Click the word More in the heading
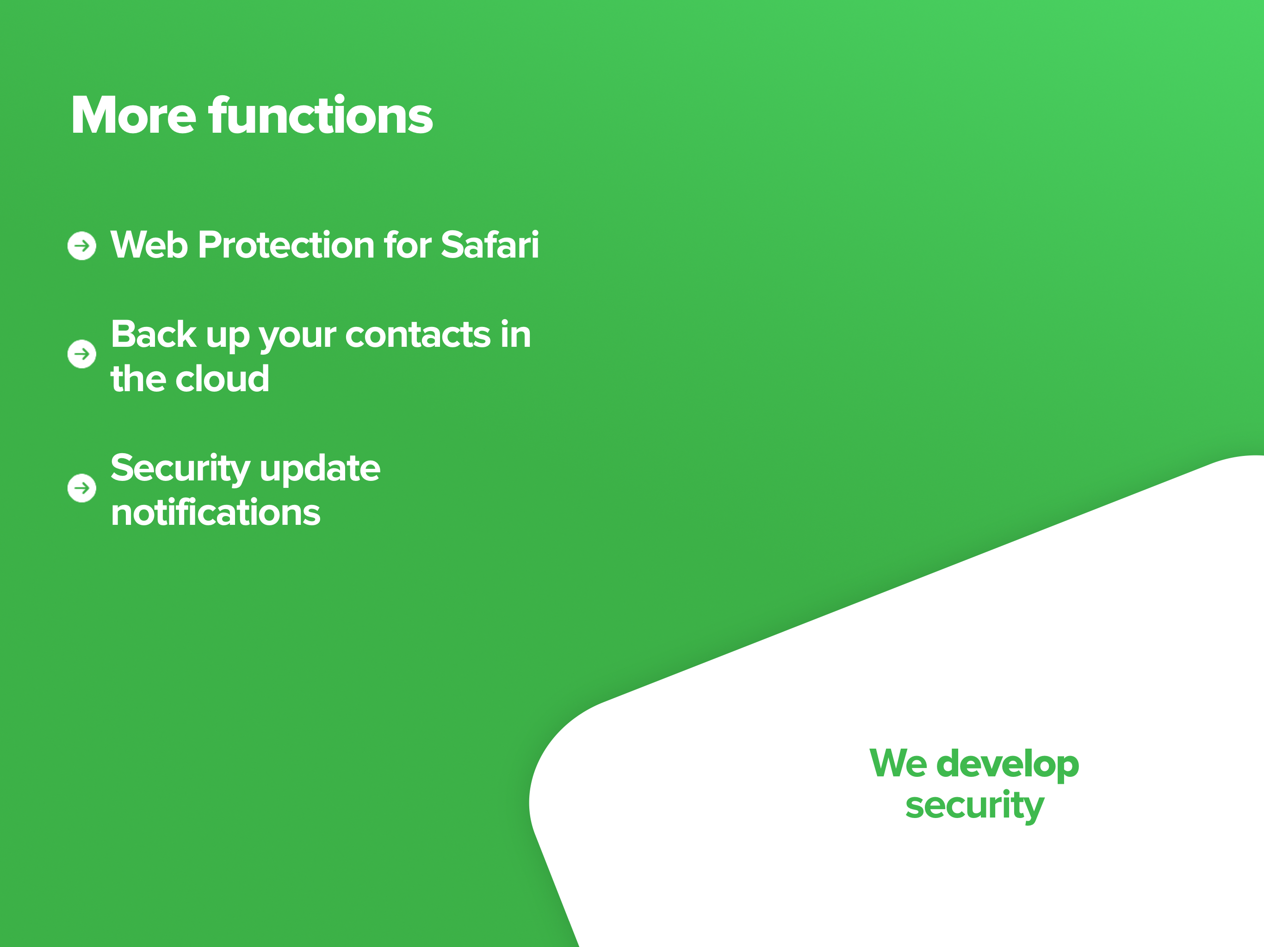click(133, 116)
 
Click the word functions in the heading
click(321, 116)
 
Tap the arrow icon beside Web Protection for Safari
click(82, 246)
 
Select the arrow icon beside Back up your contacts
click(82, 354)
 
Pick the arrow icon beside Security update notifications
click(82, 488)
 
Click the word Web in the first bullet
click(149, 245)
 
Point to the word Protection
click(286, 245)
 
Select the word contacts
click(418, 335)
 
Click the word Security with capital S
click(180, 469)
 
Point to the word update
click(320, 469)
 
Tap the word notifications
click(216, 512)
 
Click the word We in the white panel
click(898, 763)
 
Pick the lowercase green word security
click(975, 806)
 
